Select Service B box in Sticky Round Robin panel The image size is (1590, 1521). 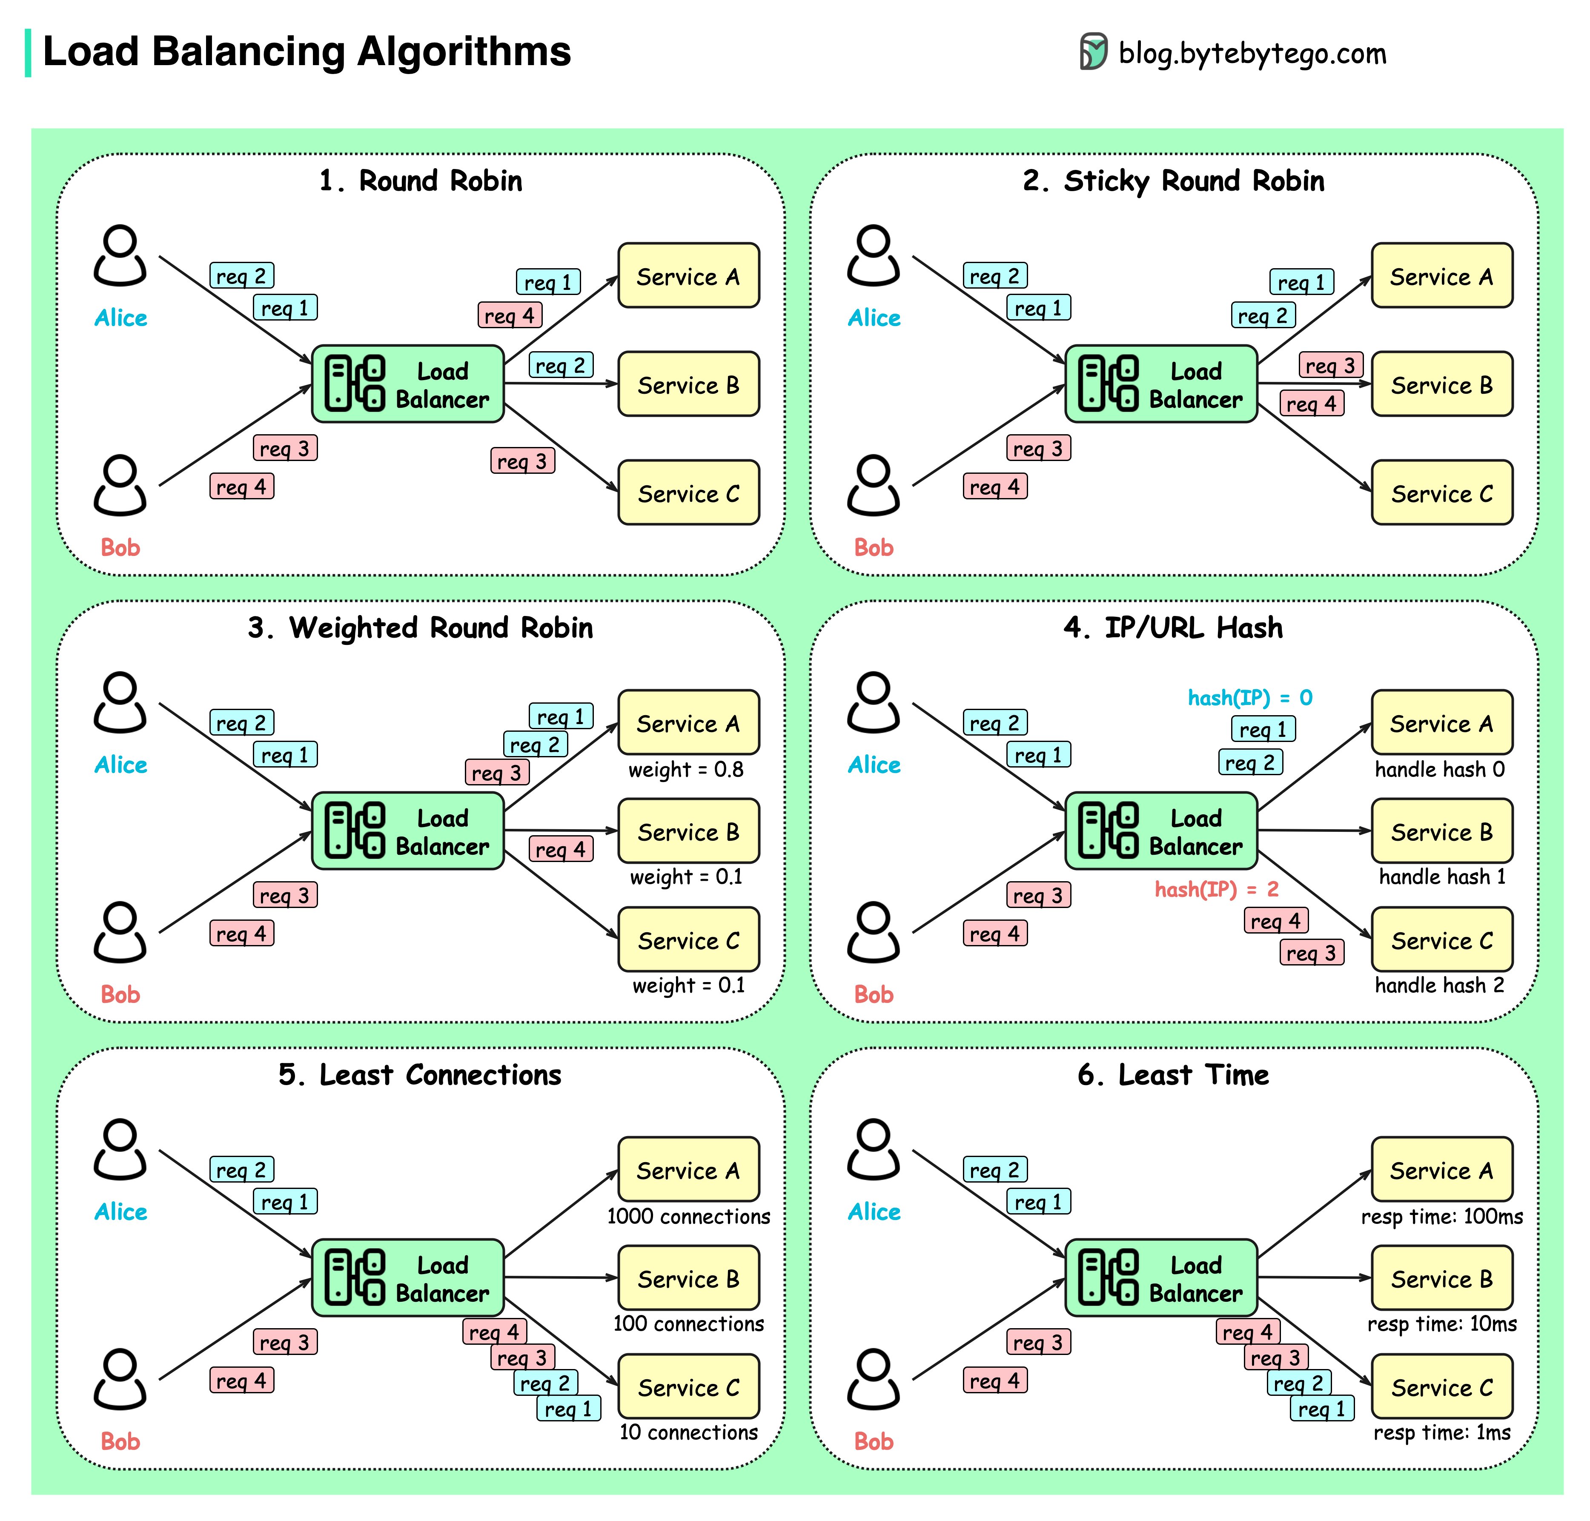point(1441,384)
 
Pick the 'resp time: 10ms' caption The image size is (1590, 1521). point(1441,1324)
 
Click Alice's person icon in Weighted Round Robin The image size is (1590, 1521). point(120,702)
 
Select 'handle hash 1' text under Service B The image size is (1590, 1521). point(1441,877)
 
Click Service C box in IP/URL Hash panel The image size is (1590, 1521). point(1441,940)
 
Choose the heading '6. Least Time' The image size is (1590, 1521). point(1172,1074)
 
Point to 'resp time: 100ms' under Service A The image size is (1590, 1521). point(1441,1216)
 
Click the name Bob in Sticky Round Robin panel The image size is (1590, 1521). point(873,547)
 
